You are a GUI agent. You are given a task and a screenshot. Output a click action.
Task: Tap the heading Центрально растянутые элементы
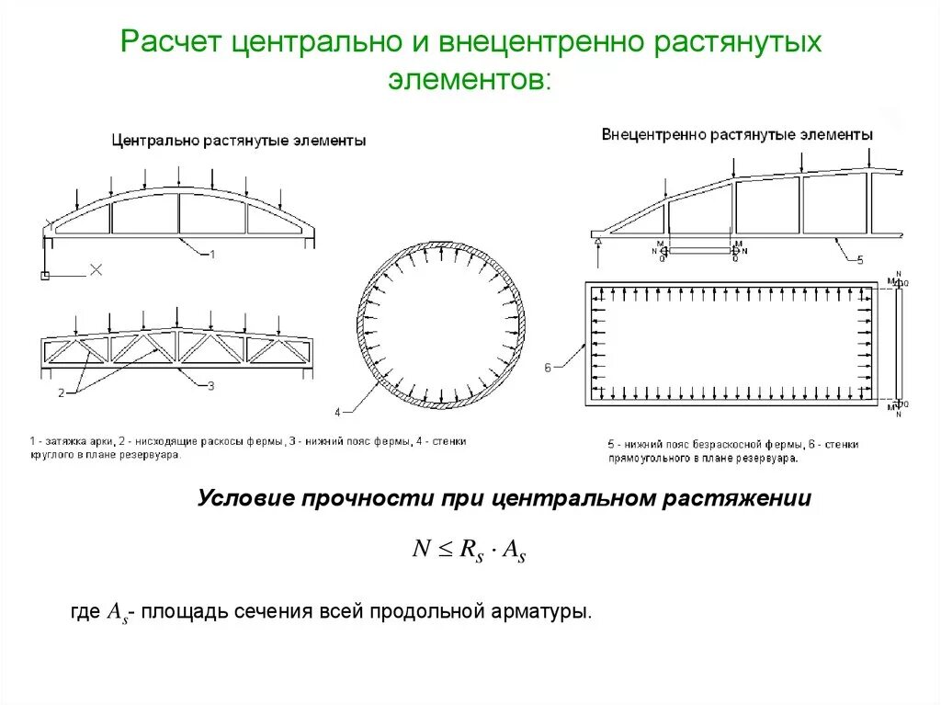click(x=239, y=141)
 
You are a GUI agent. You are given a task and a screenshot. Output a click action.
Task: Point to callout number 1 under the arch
click(x=212, y=254)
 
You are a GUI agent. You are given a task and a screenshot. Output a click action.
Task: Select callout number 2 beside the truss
click(x=61, y=393)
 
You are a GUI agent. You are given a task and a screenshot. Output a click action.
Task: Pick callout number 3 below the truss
click(x=210, y=387)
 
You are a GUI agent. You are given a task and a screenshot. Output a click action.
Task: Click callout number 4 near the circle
click(x=337, y=412)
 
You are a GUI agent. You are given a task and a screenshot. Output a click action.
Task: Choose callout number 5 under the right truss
click(x=860, y=261)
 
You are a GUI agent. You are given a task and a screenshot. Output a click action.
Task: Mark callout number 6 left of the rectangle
click(x=548, y=368)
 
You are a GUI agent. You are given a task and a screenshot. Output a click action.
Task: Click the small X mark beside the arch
click(x=95, y=270)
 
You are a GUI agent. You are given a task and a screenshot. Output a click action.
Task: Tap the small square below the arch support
click(x=44, y=276)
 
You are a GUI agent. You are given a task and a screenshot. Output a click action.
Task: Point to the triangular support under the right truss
click(x=598, y=243)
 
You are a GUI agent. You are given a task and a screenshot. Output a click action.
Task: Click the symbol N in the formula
click(x=421, y=549)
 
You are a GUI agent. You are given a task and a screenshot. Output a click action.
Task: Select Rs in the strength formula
click(x=471, y=551)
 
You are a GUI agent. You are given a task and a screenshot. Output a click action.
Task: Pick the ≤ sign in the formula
click(x=445, y=550)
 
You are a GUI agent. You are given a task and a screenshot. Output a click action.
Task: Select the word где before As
click(x=85, y=611)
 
